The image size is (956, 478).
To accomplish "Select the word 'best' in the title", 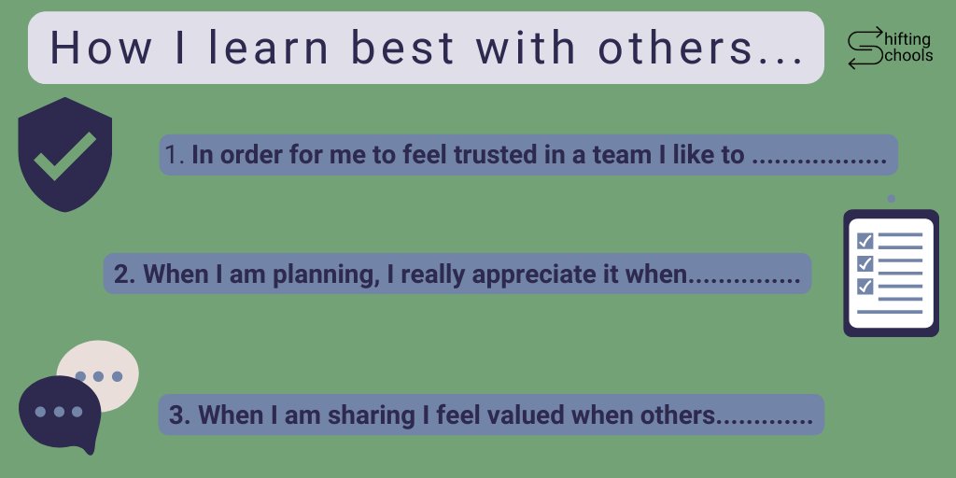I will pos(404,49).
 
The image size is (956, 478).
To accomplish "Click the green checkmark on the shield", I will pos(64,156).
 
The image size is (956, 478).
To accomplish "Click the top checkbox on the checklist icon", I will pos(865,241).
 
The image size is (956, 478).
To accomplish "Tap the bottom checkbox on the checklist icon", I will pos(865,286).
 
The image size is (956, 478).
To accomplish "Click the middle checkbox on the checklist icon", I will pos(865,263).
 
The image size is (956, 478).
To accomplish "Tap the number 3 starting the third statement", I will pos(180,415).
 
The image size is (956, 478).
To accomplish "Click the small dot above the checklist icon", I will pos(892,199).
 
